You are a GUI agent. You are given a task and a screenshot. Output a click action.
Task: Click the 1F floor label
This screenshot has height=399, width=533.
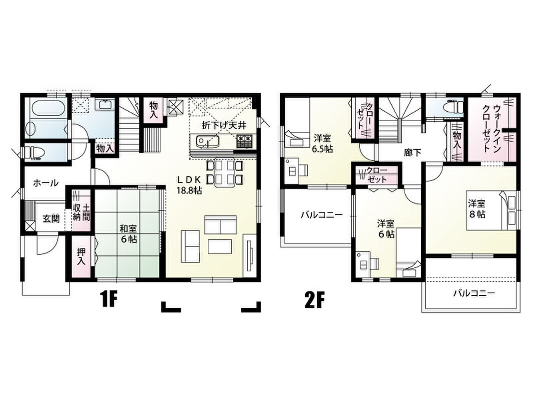[108, 300]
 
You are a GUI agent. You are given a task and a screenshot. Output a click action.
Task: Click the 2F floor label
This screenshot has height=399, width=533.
[314, 300]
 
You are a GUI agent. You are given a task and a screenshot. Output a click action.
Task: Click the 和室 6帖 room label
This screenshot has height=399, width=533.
[128, 233]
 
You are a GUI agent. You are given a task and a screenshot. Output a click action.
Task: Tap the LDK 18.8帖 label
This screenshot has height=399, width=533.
[189, 185]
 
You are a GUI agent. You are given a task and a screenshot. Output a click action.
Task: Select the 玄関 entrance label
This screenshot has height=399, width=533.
[51, 219]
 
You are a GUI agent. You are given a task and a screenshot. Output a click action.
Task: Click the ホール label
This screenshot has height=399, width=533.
[45, 183]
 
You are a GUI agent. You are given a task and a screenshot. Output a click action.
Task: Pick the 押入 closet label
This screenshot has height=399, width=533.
[81, 256]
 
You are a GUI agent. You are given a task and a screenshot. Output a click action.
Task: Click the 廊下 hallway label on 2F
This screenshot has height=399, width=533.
[412, 153]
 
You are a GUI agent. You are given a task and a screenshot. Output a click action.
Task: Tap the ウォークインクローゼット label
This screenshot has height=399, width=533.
[492, 129]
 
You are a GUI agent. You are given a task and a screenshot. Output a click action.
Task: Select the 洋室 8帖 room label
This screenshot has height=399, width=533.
[477, 208]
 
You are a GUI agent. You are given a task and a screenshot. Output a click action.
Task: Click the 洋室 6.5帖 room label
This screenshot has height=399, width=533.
[323, 143]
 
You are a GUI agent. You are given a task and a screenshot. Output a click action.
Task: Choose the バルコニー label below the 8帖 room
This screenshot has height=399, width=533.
[474, 293]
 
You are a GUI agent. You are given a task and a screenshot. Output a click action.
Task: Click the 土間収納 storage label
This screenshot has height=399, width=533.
[81, 212]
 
